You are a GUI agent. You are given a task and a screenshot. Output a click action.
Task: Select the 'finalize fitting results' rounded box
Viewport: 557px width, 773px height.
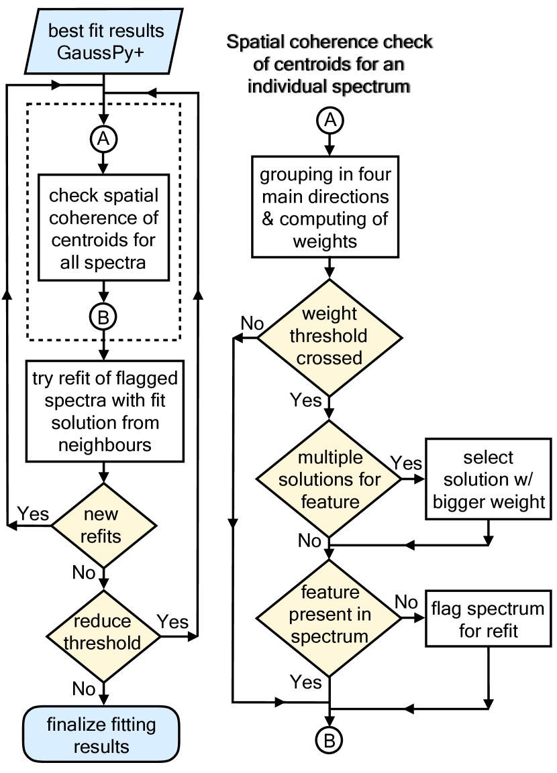pyautogui.click(x=102, y=735)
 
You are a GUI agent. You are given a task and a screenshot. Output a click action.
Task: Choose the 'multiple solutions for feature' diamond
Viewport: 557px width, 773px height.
pyautogui.click(x=329, y=479)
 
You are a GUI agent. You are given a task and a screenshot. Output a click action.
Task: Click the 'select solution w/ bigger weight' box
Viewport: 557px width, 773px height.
pyautogui.click(x=488, y=479)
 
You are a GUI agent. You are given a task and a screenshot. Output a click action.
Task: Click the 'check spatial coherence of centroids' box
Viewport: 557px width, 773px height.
pyautogui.click(x=103, y=228)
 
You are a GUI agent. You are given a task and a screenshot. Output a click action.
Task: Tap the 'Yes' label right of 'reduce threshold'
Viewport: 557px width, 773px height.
pyautogui.click(x=173, y=621)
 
